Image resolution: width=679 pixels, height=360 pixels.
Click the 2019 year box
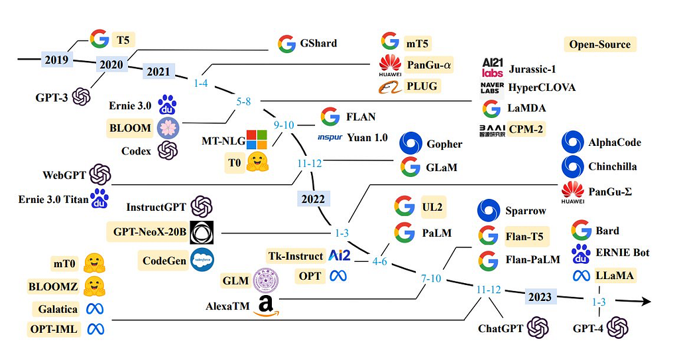coord(56,59)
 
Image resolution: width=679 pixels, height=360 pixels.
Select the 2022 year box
coord(313,199)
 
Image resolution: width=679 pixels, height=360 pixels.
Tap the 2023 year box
coord(540,297)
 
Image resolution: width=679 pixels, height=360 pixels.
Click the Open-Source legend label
coord(599,44)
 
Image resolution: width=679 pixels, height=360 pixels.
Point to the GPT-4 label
coord(587,328)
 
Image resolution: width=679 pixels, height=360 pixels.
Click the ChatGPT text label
coord(501,328)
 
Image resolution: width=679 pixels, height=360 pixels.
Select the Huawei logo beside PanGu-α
coord(390,66)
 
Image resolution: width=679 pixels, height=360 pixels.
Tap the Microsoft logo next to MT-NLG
coord(257,139)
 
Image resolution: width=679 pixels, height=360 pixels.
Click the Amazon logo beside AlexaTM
coord(266,306)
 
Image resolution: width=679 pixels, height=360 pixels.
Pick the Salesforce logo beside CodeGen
coord(202,260)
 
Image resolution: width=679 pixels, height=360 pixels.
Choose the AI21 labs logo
coord(493,68)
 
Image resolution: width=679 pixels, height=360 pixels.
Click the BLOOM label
coord(130,128)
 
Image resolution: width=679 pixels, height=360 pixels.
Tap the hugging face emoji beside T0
coord(258,162)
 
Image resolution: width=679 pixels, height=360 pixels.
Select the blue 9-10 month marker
coord(284,125)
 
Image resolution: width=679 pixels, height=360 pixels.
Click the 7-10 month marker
coord(431,278)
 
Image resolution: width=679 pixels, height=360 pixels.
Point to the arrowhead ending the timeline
coord(646,301)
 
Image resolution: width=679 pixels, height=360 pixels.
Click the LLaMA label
coord(615,275)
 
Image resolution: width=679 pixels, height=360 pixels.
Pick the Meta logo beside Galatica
coord(95,309)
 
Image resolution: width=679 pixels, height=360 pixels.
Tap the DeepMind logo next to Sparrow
coord(489,211)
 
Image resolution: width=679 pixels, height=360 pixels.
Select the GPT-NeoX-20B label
coord(150,232)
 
